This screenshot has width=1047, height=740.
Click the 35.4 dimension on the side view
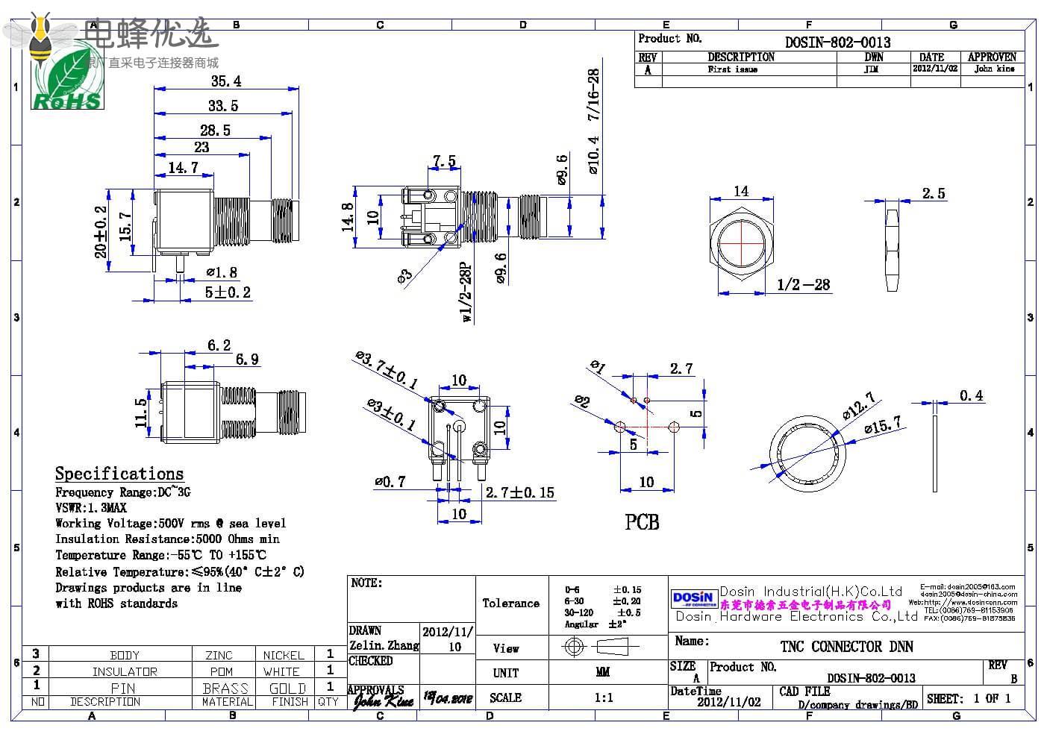(225, 81)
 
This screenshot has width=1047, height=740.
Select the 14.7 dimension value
(184, 167)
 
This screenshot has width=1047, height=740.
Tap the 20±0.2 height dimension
(101, 232)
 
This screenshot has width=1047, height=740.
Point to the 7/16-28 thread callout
(593, 95)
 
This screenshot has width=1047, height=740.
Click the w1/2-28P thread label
(467, 292)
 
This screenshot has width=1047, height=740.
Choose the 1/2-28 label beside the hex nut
(803, 284)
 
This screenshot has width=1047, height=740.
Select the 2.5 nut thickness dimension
(933, 193)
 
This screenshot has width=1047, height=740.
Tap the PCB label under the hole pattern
(642, 522)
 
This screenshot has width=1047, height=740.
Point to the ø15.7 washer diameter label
(883, 426)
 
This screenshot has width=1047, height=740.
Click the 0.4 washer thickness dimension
(971, 395)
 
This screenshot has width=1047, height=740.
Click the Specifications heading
(119, 474)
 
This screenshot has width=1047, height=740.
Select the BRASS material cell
(225, 688)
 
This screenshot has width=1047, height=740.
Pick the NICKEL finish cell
(284, 655)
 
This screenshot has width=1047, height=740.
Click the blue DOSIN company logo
(693, 598)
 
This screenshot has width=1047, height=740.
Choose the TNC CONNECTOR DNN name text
(846, 646)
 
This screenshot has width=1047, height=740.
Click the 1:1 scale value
(604, 697)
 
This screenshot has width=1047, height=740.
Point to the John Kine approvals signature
(383, 700)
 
